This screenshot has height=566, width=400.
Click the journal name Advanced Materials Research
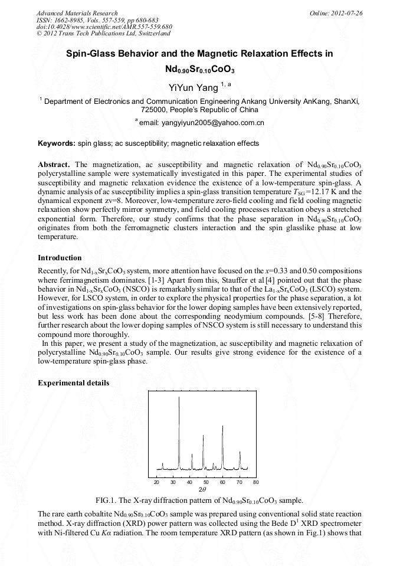coord(77,13)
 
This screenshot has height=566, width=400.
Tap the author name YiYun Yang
coord(191,88)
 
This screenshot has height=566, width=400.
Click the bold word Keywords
coord(56,143)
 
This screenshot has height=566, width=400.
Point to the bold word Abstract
coord(54,164)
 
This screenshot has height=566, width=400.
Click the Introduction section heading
coord(60,258)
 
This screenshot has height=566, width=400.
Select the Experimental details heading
coord(73,382)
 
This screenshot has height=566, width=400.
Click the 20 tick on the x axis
coord(156,482)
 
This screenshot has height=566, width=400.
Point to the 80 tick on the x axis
coord(255,482)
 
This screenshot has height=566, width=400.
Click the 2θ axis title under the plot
coord(202,489)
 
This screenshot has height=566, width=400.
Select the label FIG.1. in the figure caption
coord(109,500)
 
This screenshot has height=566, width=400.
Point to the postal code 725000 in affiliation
coord(156,110)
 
